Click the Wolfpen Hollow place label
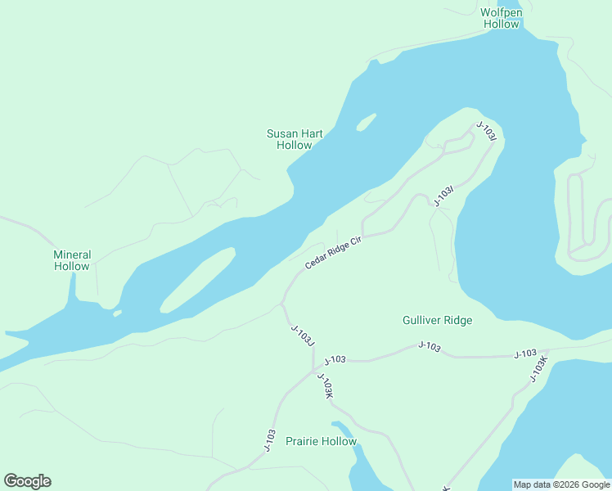(501, 18)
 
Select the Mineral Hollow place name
(72, 260)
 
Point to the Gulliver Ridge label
(437, 320)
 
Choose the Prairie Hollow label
(321, 441)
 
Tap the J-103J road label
(303, 335)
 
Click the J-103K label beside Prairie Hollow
(325, 385)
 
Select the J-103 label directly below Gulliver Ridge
(429, 348)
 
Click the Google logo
(27, 481)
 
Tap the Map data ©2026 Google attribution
(561, 484)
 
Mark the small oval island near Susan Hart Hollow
(366, 122)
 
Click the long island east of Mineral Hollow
(198, 280)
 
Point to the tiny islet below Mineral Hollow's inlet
(118, 313)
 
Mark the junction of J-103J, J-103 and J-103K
(314, 371)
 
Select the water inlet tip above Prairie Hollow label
(335, 425)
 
